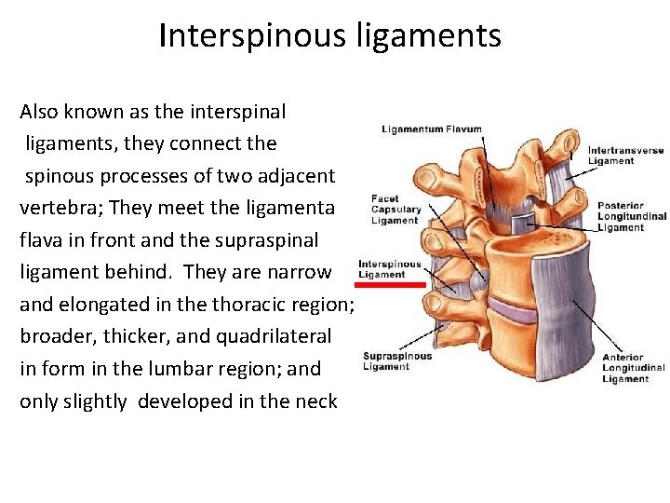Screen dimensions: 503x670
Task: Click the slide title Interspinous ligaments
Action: (x=330, y=36)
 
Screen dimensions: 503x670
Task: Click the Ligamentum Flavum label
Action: (x=432, y=129)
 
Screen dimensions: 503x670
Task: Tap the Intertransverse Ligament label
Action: (x=625, y=156)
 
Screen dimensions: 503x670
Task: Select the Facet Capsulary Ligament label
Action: (x=395, y=210)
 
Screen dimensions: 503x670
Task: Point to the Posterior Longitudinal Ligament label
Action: (x=631, y=216)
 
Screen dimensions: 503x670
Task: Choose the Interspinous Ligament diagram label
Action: (x=389, y=269)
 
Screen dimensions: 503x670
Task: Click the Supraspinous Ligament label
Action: (x=397, y=360)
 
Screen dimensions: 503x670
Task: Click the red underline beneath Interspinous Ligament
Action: (x=392, y=284)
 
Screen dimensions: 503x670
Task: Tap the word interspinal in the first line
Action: (x=236, y=112)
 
